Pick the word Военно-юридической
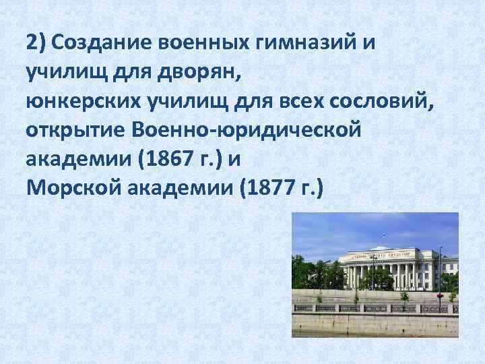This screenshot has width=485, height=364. coord(248,129)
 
